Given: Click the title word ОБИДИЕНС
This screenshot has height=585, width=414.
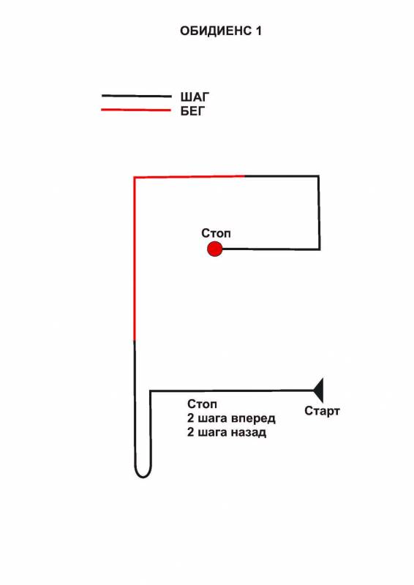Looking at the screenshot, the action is tap(216, 31).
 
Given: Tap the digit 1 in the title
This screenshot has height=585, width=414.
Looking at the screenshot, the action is tap(258, 31).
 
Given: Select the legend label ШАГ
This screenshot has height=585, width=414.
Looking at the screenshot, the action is tap(195, 97).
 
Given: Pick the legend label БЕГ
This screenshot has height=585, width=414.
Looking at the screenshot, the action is tap(192, 111).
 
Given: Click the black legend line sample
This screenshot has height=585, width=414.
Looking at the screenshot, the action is tap(137, 96).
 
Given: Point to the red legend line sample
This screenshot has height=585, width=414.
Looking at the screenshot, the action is tap(136, 110).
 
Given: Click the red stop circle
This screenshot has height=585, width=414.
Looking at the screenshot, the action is tap(214, 249).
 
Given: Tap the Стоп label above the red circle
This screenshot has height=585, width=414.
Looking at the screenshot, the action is tap(216, 233).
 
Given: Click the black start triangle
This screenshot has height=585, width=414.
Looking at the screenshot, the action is tap(318, 390).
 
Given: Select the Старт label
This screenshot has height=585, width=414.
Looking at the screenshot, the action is tap(322, 411).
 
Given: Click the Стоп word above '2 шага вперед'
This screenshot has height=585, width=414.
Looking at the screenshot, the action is tap(202, 404).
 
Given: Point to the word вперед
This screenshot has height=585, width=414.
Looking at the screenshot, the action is tap(253, 418).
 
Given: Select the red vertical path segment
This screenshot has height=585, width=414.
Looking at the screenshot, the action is tap(134, 259).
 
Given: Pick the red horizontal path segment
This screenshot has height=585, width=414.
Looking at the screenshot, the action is tap(189, 176).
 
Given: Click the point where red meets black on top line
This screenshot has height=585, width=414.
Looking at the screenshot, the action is tap(244, 175).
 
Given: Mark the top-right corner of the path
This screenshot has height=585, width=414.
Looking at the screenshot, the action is tap(318, 176).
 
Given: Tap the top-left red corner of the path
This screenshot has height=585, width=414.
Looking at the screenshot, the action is tap(134, 178).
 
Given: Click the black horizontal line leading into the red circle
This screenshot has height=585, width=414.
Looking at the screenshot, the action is tap(271, 249).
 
